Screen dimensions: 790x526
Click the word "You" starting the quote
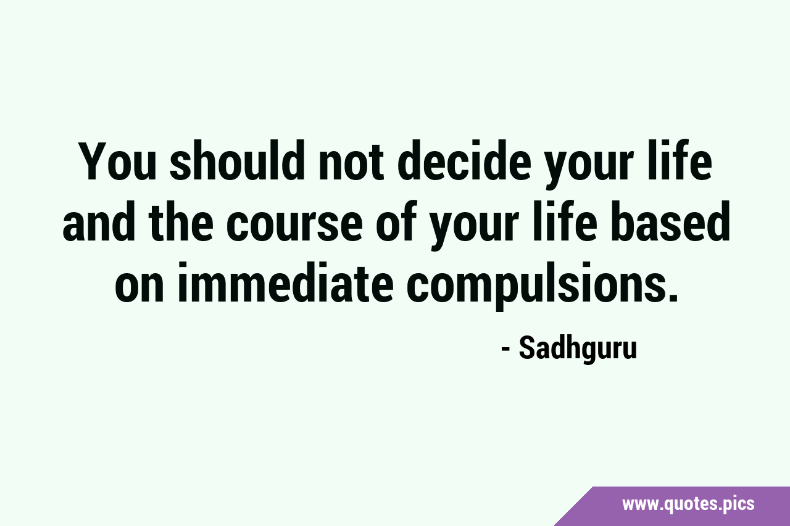pos(118,161)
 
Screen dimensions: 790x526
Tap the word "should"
pos(238,160)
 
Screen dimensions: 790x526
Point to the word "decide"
pos(465,160)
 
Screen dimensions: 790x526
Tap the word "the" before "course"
pos(181,221)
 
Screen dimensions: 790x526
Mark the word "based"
pos(671,221)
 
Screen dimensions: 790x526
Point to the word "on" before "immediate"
pos(139,288)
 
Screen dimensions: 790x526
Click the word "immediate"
pos(285,282)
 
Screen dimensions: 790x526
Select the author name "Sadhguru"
pos(578,349)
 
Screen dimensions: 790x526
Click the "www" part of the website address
pos(639,505)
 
